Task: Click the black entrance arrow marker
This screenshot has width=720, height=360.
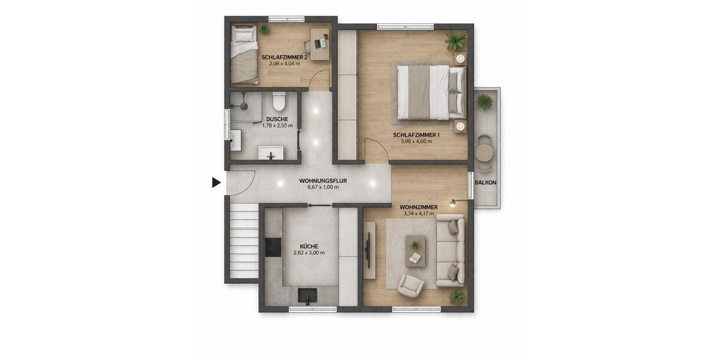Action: [x=217, y=182]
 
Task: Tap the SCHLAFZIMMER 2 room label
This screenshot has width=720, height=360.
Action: [x=284, y=58]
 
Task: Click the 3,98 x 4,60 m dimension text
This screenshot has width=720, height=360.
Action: [x=416, y=142]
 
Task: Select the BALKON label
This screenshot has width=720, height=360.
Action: [x=485, y=182]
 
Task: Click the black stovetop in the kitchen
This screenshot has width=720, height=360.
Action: [x=273, y=247]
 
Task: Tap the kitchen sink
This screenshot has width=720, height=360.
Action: [x=308, y=296]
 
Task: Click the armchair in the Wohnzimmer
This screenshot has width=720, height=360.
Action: [x=411, y=285]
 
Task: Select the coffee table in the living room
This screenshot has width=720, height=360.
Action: [x=415, y=250]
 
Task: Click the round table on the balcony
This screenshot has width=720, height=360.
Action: [x=485, y=153]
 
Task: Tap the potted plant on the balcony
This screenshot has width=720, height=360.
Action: [x=485, y=102]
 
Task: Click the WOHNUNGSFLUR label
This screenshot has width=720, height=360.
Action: [x=323, y=180]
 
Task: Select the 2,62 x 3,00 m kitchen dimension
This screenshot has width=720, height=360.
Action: [x=309, y=253]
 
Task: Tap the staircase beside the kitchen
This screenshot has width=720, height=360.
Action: [x=244, y=240]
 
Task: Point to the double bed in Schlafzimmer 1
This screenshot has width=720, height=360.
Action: [x=429, y=92]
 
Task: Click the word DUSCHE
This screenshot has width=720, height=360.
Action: [x=277, y=119]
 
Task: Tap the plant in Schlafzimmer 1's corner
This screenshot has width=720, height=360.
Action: [x=455, y=41]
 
